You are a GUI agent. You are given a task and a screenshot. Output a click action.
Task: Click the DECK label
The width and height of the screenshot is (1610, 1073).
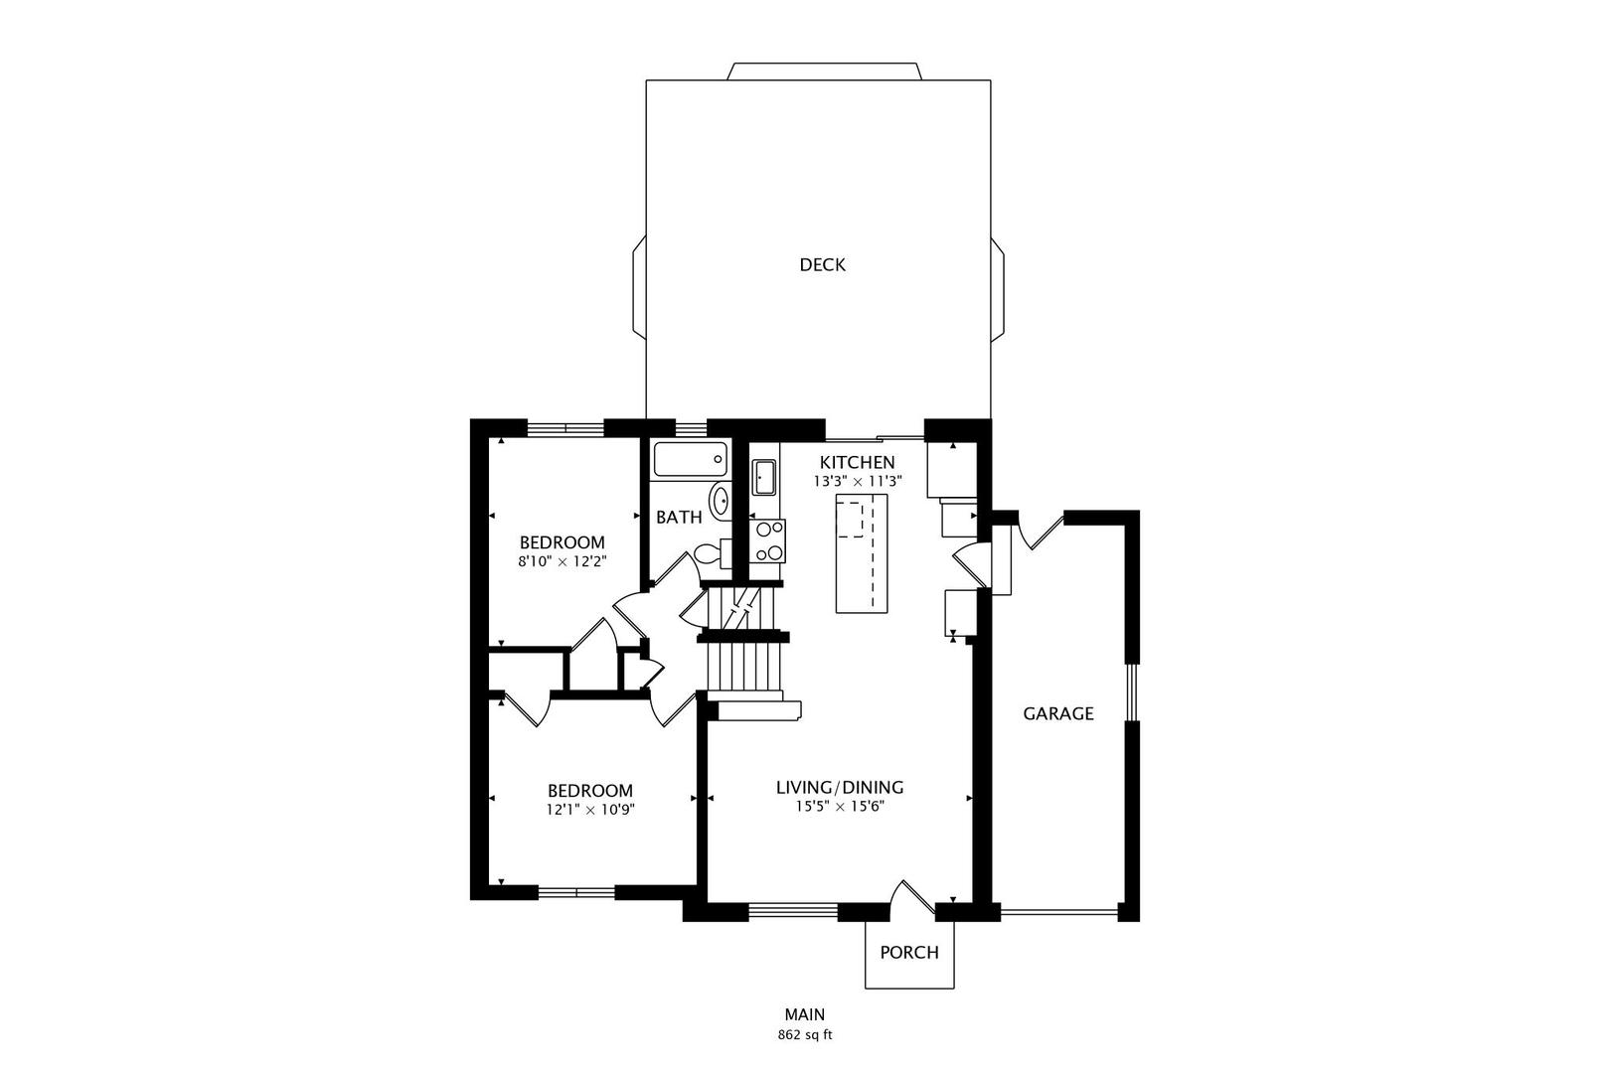point(822,265)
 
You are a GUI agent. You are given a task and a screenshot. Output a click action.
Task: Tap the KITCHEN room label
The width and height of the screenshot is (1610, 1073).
point(858,462)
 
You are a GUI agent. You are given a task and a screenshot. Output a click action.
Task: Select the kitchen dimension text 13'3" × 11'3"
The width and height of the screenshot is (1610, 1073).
point(858,482)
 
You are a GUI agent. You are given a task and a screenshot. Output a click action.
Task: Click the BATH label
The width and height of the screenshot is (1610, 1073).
point(679,517)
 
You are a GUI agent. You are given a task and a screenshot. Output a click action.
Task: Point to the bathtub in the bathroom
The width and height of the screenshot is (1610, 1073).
point(690,459)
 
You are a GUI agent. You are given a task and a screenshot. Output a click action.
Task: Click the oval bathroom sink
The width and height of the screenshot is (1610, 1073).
point(720,500)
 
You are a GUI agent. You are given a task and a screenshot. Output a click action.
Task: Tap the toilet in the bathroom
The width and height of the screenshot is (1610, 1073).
point(713,553)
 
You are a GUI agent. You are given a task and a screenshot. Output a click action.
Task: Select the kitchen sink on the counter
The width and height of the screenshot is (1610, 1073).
point(764,478)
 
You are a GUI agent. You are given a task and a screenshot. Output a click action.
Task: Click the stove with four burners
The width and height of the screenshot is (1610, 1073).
point(767,541)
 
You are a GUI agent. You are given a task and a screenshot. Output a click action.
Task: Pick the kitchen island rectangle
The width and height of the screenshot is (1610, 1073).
point(861,553)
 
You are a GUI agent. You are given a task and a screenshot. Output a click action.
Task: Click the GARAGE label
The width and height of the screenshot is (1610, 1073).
point(1058,713)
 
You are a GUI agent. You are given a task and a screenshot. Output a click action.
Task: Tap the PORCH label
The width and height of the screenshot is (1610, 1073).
point(909,952)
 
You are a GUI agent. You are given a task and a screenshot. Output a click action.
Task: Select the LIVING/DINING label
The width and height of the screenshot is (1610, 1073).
point(840,787)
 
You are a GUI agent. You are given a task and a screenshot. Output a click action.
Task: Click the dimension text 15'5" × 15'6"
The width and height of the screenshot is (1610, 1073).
point(840,807)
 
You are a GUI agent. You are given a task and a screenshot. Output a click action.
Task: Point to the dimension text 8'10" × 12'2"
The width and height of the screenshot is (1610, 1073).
point(563,561)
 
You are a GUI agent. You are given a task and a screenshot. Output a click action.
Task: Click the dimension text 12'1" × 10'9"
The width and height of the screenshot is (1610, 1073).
point(590,810)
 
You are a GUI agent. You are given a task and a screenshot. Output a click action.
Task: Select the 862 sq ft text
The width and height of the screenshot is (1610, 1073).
point(805,1035)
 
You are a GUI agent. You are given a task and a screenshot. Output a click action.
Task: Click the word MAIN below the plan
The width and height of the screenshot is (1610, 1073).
point(805,1014)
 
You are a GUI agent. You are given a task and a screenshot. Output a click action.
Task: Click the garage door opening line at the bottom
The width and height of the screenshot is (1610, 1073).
point(1058,913)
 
